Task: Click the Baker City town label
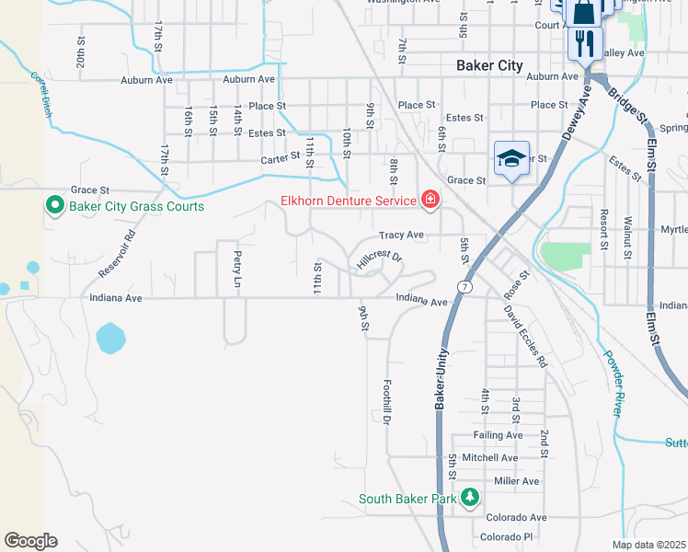(489, 65)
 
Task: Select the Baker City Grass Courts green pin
(54, 205)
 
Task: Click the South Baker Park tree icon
(470, 498)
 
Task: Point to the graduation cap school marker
(512, 158)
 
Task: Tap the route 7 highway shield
(467, 287)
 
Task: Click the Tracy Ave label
(401, 235)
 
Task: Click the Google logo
(30, 541)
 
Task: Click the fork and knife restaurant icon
(582, 41)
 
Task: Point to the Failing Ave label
(498, 435)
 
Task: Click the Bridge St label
(621, 100)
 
